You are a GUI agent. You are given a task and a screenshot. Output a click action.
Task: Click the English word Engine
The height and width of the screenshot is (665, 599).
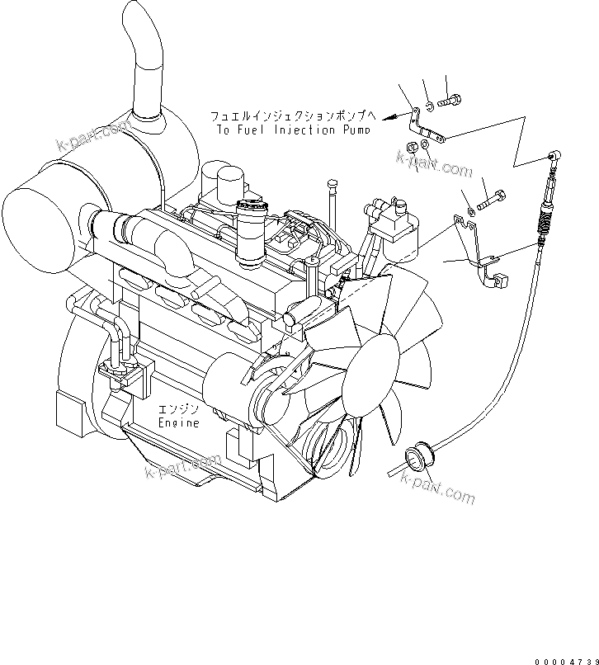pos(179,423)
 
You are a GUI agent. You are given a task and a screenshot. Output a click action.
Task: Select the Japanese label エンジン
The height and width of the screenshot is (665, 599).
pos(180,409)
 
